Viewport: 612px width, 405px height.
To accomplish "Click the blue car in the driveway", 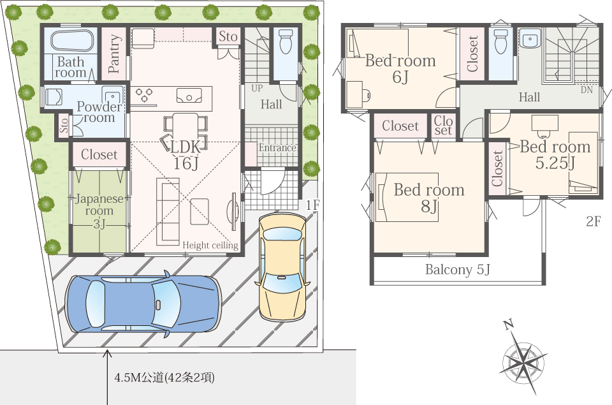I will point(143,304).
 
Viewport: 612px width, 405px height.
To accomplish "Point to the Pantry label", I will point(115,53).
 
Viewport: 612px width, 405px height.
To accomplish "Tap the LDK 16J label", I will point(186,154).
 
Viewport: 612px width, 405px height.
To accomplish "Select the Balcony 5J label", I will point(458,270).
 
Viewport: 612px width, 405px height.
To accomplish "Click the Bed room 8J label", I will point(429,198).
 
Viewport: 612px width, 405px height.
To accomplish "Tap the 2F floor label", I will point(594,222).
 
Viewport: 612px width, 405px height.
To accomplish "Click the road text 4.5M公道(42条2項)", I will point(164,378).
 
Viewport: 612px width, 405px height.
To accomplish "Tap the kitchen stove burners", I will point(145,96).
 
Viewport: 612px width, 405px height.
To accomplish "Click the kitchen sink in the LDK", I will point(189,96).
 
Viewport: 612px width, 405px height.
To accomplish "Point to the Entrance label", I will point(277,148).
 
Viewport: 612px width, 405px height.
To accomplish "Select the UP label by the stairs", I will point(256,87).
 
